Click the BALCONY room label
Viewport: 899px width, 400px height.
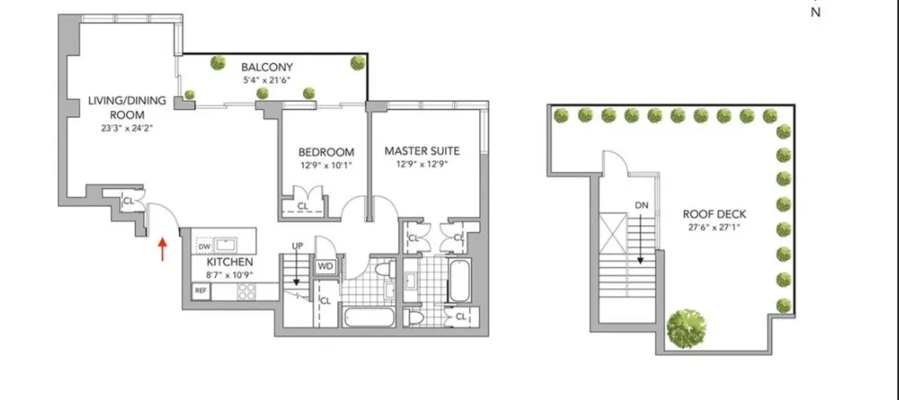point(267,66)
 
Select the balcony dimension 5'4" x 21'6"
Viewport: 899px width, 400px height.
point(267,81)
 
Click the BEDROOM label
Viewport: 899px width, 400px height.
point(326,152)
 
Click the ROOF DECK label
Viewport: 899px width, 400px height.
point(714,213)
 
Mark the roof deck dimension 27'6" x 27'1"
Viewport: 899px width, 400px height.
point(714,227)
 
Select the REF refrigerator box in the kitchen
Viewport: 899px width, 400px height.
point(201,292)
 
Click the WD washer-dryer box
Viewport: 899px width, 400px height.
point(325,267)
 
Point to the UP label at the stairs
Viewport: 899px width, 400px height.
point(296,245)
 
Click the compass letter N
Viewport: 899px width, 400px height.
point(814,13)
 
